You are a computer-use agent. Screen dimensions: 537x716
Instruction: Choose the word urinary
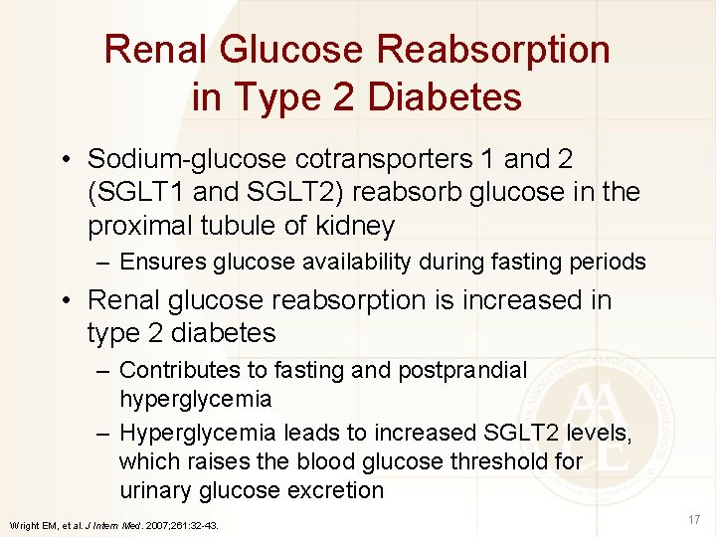coord(155,490)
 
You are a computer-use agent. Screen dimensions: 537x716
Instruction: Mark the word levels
coord(600,433)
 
